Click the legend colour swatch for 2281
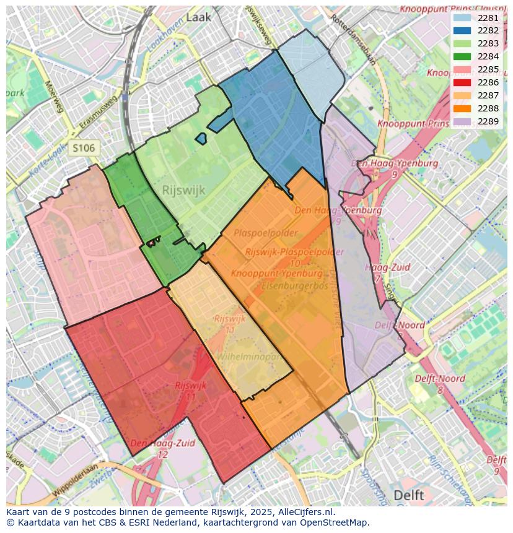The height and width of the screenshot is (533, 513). point(462,18)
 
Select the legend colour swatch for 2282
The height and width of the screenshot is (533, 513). point(462,31)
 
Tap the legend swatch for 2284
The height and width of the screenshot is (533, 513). point(462,57)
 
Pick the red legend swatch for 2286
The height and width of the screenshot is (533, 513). point(462,82)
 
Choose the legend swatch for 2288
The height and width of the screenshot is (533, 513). point(462,108)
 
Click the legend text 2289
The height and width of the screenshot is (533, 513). point(488,121)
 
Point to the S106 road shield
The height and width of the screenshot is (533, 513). point(83,148)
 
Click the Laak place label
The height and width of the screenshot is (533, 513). point(198,17)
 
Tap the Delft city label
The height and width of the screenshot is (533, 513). point(409,495)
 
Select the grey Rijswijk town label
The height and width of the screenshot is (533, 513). point(183,190)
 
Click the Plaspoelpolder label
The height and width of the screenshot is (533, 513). point(266,233)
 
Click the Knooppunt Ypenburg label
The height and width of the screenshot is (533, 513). point(277,273)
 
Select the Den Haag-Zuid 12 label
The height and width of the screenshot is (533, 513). point(163,448)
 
